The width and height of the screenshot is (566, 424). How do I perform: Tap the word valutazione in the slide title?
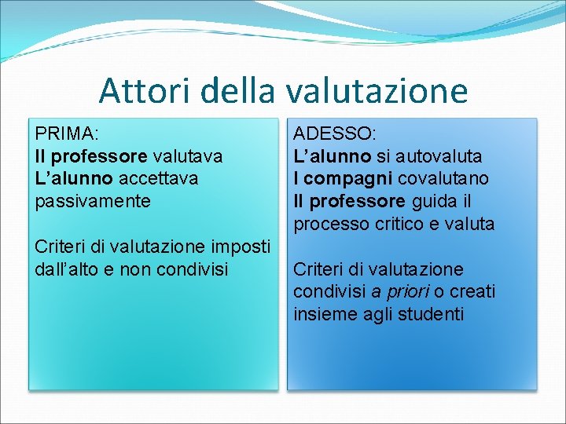pyautogui.click(x=376, y=90)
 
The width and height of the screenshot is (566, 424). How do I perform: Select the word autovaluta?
pyautogui.click(x=439, y=156)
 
